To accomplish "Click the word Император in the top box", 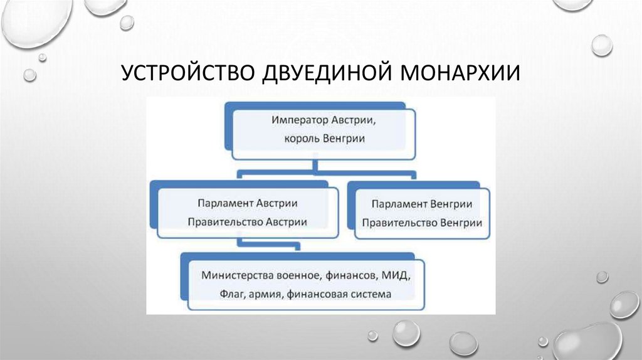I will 298,119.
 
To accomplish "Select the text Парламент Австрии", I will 246,204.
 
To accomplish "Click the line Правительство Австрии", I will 246,221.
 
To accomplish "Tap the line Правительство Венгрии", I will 421,222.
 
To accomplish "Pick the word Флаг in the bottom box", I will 232,294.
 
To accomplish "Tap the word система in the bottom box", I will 371,294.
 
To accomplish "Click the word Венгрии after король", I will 342,139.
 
